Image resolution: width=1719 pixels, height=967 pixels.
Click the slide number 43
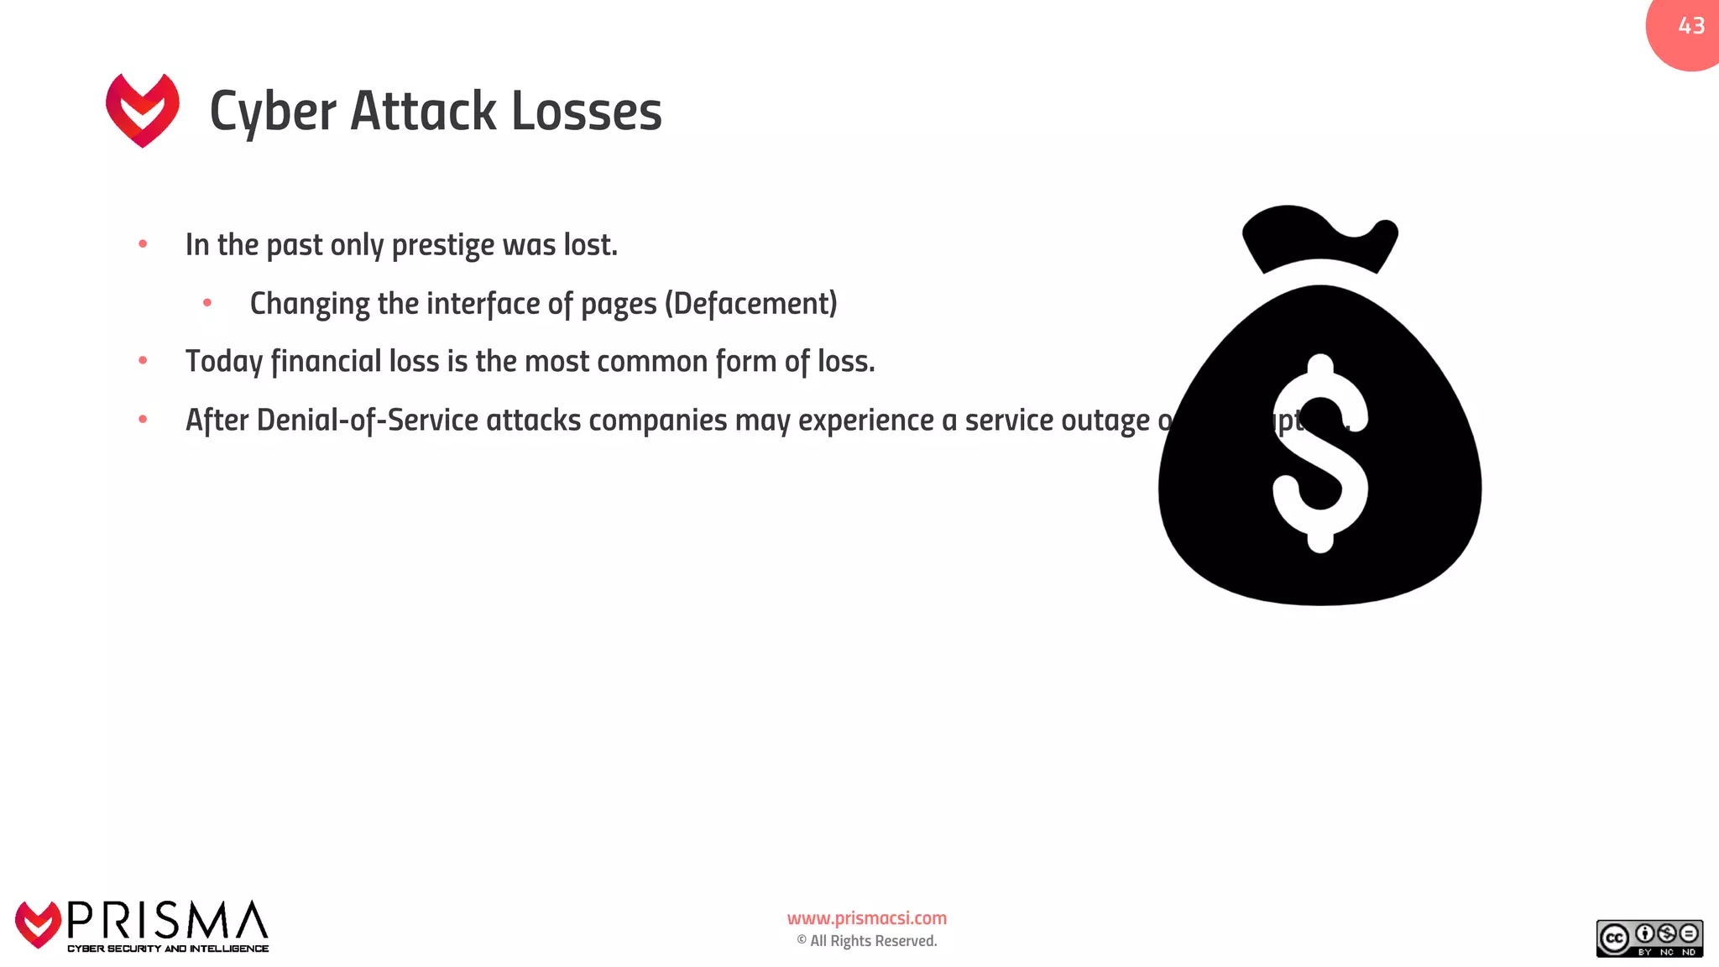(x=1691, y=26)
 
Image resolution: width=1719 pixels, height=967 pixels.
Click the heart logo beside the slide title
(x=143, y=109)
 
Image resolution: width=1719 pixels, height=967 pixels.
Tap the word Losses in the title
(x=586, y=112)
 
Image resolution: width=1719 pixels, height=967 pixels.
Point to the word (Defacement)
(x=751, y=304)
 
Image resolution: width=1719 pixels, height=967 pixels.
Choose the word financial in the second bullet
(x=326, y=362)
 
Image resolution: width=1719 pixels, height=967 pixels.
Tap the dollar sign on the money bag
(x=1320, y=453)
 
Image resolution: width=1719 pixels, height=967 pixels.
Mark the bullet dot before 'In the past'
(x=143, y=244)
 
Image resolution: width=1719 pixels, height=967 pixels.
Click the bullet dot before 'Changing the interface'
(x=207, y=303)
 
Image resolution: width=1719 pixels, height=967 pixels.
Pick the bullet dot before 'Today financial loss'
(x=143, y=361)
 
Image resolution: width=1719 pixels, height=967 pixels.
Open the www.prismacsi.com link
(x=866, y=918)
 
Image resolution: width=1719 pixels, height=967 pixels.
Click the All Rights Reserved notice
(x=867, y=941)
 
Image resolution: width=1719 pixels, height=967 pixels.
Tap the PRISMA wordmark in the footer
(x=168, y=921)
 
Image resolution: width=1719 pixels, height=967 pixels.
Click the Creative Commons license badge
(x=1649, y=938)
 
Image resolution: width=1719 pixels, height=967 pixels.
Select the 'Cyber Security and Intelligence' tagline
(x=168, y=949)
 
